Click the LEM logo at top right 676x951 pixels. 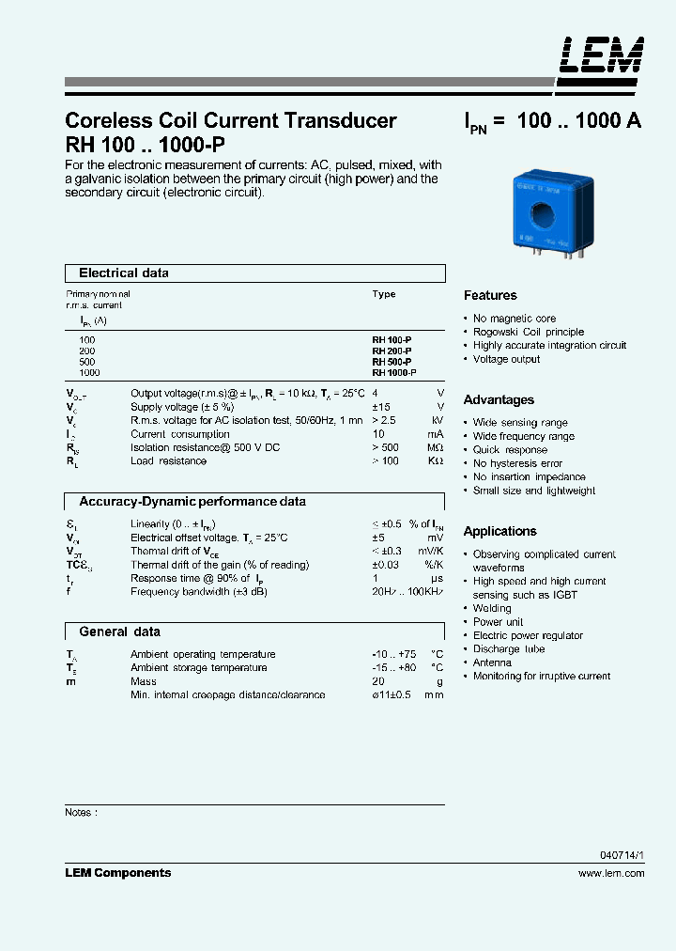tap(602, 55)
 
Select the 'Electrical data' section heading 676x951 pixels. tap(124, 273)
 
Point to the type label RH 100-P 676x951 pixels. tap(392, 339)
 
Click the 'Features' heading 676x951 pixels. tap(490, 295)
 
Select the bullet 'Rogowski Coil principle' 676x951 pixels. tap(528, 332)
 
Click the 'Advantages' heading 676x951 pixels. tap(499, 399)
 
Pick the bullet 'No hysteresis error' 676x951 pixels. tap(517, 463)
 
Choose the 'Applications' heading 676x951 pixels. tap(499, 531)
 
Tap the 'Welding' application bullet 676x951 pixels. tap(492, 608)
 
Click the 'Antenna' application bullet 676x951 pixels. tap(492, 663)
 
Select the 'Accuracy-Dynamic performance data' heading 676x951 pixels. tap(192, 502)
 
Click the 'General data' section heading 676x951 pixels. tap(119, 632)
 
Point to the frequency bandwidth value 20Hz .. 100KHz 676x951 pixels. tap(407, 592)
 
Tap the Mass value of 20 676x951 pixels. tap(377, 681)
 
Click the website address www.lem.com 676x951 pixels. tap(611, 873)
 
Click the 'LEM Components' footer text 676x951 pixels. tap(117, 873)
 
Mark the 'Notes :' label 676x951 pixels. tap(81, 812)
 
